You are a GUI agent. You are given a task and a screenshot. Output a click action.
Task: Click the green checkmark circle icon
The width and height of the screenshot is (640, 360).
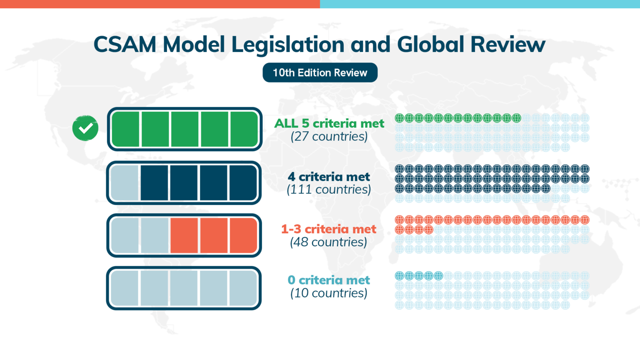85,128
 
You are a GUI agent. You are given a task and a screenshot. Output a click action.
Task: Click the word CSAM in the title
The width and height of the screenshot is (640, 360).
125,45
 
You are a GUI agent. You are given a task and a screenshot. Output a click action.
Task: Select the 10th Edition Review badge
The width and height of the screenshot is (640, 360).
320,73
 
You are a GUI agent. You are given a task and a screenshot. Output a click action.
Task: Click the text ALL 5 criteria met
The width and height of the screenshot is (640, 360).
329,123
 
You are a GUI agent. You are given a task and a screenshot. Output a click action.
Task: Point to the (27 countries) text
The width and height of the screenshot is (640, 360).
329,137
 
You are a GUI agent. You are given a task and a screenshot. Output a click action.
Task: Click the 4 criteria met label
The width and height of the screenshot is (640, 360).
329,177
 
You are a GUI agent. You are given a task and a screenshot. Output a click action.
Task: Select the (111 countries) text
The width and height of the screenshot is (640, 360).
329,190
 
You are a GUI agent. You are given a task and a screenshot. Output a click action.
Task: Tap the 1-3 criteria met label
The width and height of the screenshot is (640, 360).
329,229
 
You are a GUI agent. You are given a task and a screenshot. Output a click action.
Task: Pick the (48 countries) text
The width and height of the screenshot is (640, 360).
329,242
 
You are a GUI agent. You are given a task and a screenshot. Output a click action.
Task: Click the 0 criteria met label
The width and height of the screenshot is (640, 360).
329,280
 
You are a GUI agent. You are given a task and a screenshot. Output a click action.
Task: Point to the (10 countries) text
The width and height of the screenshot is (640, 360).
329,293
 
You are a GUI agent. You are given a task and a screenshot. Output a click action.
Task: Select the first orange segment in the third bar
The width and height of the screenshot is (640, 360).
184,235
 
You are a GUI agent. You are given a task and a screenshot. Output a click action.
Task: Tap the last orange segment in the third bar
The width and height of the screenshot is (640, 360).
243,235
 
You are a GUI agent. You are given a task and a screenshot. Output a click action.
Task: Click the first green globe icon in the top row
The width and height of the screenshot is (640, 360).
399,118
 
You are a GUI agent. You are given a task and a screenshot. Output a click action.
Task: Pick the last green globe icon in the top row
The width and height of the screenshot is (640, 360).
517,118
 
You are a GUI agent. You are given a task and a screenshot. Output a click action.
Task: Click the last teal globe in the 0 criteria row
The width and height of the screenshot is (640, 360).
438,275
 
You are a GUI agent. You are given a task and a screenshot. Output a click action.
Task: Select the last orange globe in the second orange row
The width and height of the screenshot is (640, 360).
429,230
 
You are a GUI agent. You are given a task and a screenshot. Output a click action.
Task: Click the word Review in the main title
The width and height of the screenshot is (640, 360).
508,45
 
